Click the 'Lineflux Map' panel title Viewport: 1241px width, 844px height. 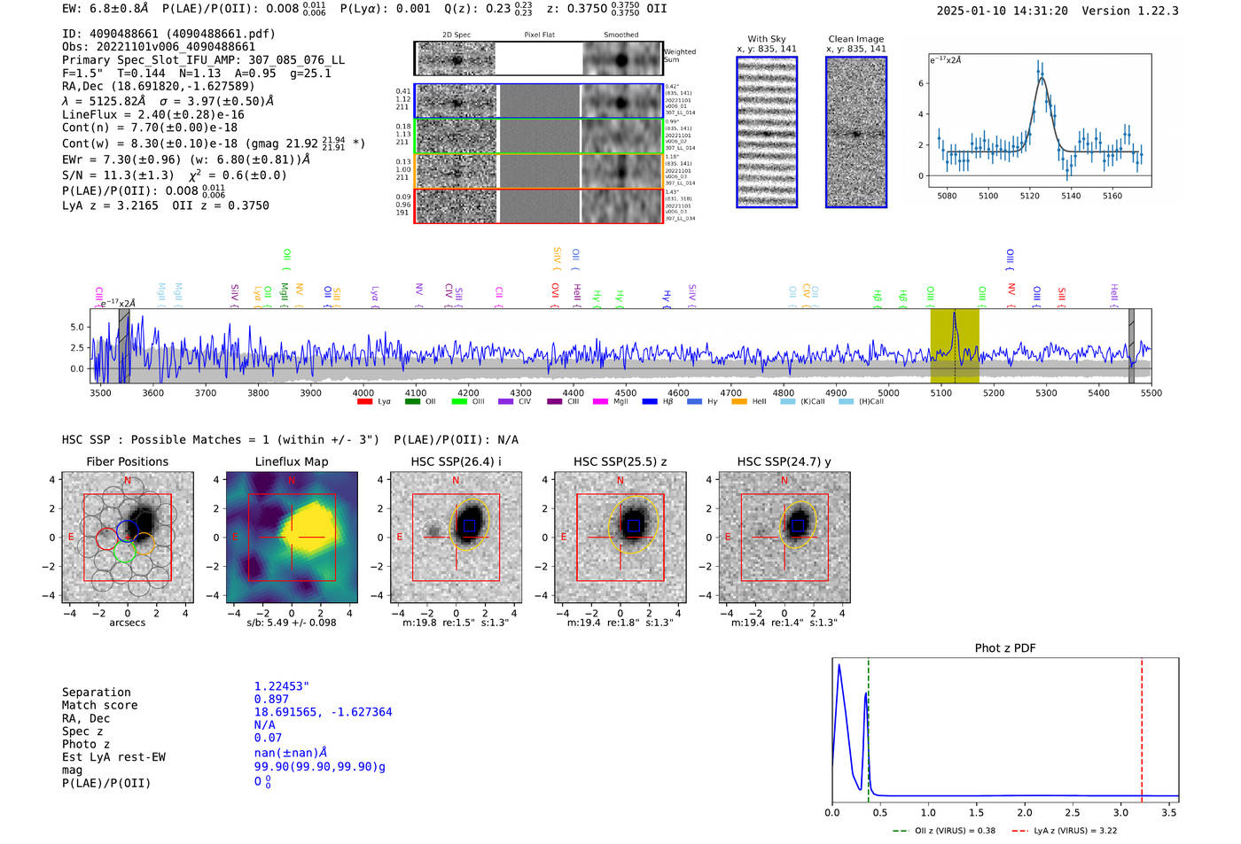coord(292,461)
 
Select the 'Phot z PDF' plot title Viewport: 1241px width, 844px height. coord(1005,647)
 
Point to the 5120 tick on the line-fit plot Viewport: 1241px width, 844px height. coord(1029,196)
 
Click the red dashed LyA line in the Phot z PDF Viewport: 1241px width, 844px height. coord(1142,726)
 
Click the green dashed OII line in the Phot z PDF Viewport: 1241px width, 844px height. coord(869,726)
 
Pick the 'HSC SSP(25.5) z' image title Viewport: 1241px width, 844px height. coord(620,461)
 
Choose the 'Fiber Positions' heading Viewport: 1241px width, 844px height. coord(127,461)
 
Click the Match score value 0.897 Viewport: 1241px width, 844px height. coord(271,699)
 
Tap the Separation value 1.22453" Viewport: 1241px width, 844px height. coord(282,686)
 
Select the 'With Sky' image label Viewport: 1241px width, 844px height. coord(767,39)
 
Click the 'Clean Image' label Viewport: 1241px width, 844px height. coord(855,39)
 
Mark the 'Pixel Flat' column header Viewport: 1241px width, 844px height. coord(539,35)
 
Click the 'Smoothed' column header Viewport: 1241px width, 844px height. coord(620,35)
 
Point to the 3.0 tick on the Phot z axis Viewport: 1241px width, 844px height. coord(1120,812)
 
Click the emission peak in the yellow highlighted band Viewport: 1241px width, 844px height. coord(955,314)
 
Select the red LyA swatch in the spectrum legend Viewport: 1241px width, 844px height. coord(364,402)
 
